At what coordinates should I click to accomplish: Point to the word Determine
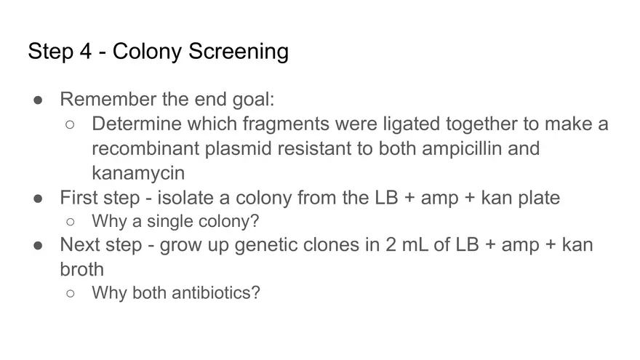[135, 124]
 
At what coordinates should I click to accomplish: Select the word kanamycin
[138, 174]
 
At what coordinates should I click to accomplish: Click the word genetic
[254, 245]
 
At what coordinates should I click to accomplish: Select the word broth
[81, 269]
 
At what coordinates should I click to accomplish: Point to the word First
[77, 198]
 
